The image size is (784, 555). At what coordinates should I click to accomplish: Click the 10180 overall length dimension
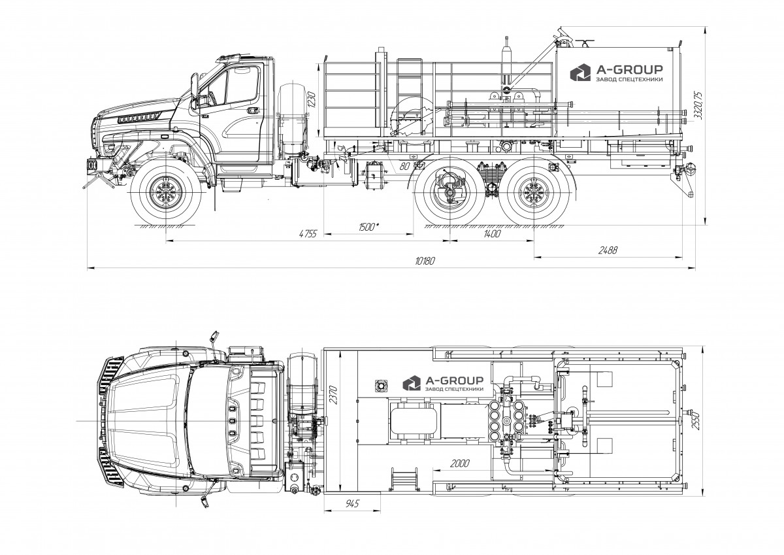point(425,261)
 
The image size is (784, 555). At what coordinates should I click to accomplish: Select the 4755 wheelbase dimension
point(308,233)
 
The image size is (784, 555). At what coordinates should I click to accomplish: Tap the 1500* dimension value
point(369,227)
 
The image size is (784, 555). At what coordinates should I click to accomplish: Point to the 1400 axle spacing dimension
point(492,233)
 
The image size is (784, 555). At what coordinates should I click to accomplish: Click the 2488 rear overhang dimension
point(608,250)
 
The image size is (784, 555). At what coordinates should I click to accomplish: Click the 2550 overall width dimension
point(695,422)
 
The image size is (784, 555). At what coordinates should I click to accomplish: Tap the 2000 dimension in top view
point(459,463)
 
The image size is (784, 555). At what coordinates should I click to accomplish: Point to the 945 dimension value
point(352,504)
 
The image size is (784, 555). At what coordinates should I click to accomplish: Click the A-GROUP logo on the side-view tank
point(616,73)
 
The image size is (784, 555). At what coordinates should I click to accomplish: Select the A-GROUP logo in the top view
point(443,383)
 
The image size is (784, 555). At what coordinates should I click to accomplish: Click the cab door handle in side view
point(252,110)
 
